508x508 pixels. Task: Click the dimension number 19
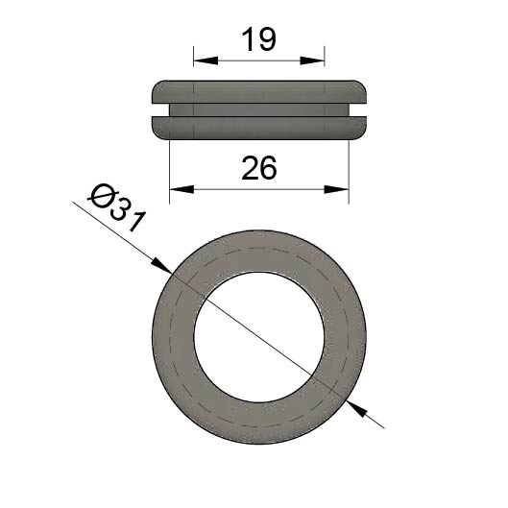(259, 39)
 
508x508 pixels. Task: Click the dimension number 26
(259, 168)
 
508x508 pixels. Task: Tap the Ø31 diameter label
(116, 208)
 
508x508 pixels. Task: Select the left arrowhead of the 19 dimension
(206, 60)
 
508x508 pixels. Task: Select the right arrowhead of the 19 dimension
(312, 60)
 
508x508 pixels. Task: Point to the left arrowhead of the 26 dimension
(181, 189)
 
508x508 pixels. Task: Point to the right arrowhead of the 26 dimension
(337, 189)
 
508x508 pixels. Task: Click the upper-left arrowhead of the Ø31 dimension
(162, 266)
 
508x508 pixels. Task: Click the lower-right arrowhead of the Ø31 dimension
(356, 409)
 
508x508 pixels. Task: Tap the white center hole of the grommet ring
(259, 337)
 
